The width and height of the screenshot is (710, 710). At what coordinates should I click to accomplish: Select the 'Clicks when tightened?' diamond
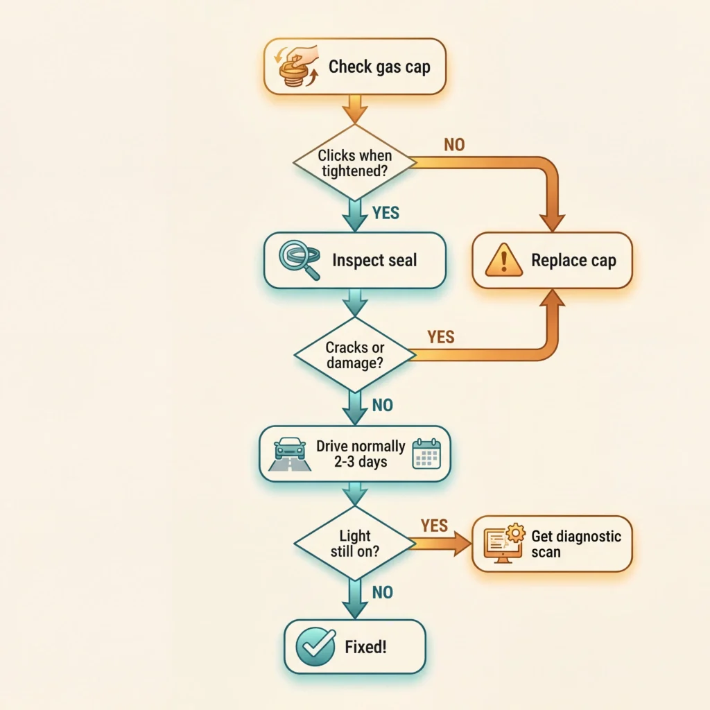pyautogui.click(x=354, y=163)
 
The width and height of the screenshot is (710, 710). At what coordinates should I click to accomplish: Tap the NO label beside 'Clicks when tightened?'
pyautogui.click(x=454, y=145)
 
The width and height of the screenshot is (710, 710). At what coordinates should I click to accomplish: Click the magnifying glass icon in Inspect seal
pyautogui.click(x=299, y=260)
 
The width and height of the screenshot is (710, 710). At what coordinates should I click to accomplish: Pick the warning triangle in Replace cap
pyautogui.click(x=503, y=261)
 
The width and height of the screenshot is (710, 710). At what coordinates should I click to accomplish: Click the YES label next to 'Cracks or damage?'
pyautogui.click(x=441, y=337)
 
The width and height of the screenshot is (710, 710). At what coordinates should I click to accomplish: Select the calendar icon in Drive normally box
pyautogui.click(x=426, y=453)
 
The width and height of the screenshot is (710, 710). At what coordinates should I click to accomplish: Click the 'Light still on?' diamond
pyautogui.click(x=354, y=543)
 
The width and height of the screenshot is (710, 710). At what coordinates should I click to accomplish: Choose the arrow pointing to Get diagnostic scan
pyautogui.click(x=444, y=544)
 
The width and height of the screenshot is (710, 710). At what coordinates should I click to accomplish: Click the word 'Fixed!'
pyautogui.click(x=365, y=648)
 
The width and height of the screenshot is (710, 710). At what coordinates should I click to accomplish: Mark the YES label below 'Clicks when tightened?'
pyautogui.click(x=386, y=212)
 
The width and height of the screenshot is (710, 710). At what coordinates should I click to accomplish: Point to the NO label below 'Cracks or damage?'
pyautogui.click(x=382, y=405)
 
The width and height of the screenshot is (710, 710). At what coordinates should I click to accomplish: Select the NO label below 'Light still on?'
pyautogui.click(x=382, y=592)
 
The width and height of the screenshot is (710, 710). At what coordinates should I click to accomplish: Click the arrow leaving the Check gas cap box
pyautogui.click(x=354, y=108)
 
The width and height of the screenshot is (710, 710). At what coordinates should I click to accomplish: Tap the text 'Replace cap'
pyautogui.click(x=573, y=261)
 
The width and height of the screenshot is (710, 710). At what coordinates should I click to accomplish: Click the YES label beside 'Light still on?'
pyautogui.click(x=435, y=526)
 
